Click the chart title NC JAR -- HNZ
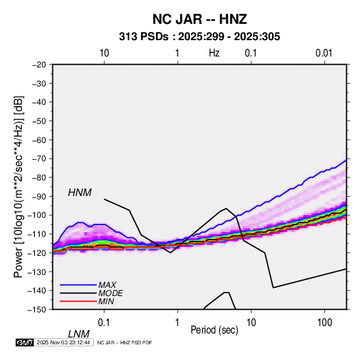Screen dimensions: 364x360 (x=199, y=19)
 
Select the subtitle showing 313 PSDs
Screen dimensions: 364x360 (x=199, y=37)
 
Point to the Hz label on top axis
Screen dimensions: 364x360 (x=214, y=53)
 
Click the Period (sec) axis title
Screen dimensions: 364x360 (x=214, y=330)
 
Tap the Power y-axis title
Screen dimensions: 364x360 (x=18, y=187)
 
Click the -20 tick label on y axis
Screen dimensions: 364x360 (x=39, y=65)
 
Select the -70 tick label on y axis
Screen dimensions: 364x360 (x=39, y=159)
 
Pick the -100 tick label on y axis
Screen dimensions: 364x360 (x=37, y=215)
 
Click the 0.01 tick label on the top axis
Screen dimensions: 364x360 (x=324, y=53)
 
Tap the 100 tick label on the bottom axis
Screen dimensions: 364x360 (x=325, y=323)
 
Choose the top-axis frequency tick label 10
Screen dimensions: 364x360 (x=104, y=53)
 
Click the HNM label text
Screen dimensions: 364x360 (x=80, y=193)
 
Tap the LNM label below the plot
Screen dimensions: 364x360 (x=78, y=334)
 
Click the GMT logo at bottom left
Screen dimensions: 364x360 (x=24, y=342)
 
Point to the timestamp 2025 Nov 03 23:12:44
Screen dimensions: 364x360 (x=63, y=342)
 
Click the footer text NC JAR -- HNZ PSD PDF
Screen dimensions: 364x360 (x=125, y=342)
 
